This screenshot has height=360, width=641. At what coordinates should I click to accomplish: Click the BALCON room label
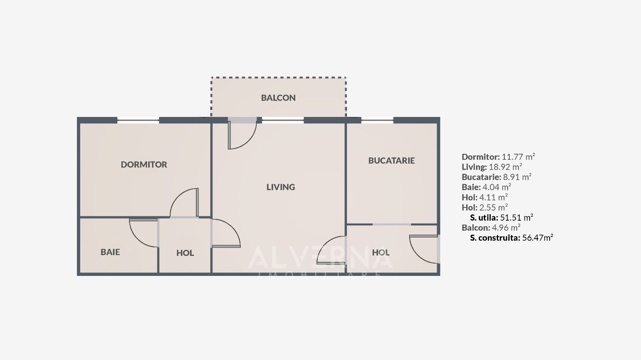278,98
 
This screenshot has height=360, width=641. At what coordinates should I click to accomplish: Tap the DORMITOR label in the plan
144,165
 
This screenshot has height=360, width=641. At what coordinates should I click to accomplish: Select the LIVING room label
280,187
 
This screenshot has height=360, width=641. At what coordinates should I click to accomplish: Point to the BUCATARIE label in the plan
391,161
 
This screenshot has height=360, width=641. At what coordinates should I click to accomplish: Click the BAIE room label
110,252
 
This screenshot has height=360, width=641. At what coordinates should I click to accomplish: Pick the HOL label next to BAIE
185,253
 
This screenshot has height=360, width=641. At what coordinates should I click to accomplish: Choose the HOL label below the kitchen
381,253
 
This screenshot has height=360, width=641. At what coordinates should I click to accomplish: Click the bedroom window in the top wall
138,120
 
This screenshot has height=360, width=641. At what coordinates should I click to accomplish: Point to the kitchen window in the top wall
377,119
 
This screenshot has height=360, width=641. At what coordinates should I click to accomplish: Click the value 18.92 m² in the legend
505,167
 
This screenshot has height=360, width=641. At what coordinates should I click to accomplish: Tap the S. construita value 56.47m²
537,238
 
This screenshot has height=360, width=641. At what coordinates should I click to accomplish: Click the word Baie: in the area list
471,187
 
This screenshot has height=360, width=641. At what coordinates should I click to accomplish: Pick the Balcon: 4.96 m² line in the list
491,228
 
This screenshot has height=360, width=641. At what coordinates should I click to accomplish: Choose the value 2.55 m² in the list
493,207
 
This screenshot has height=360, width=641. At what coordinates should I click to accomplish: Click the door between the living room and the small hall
226,234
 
